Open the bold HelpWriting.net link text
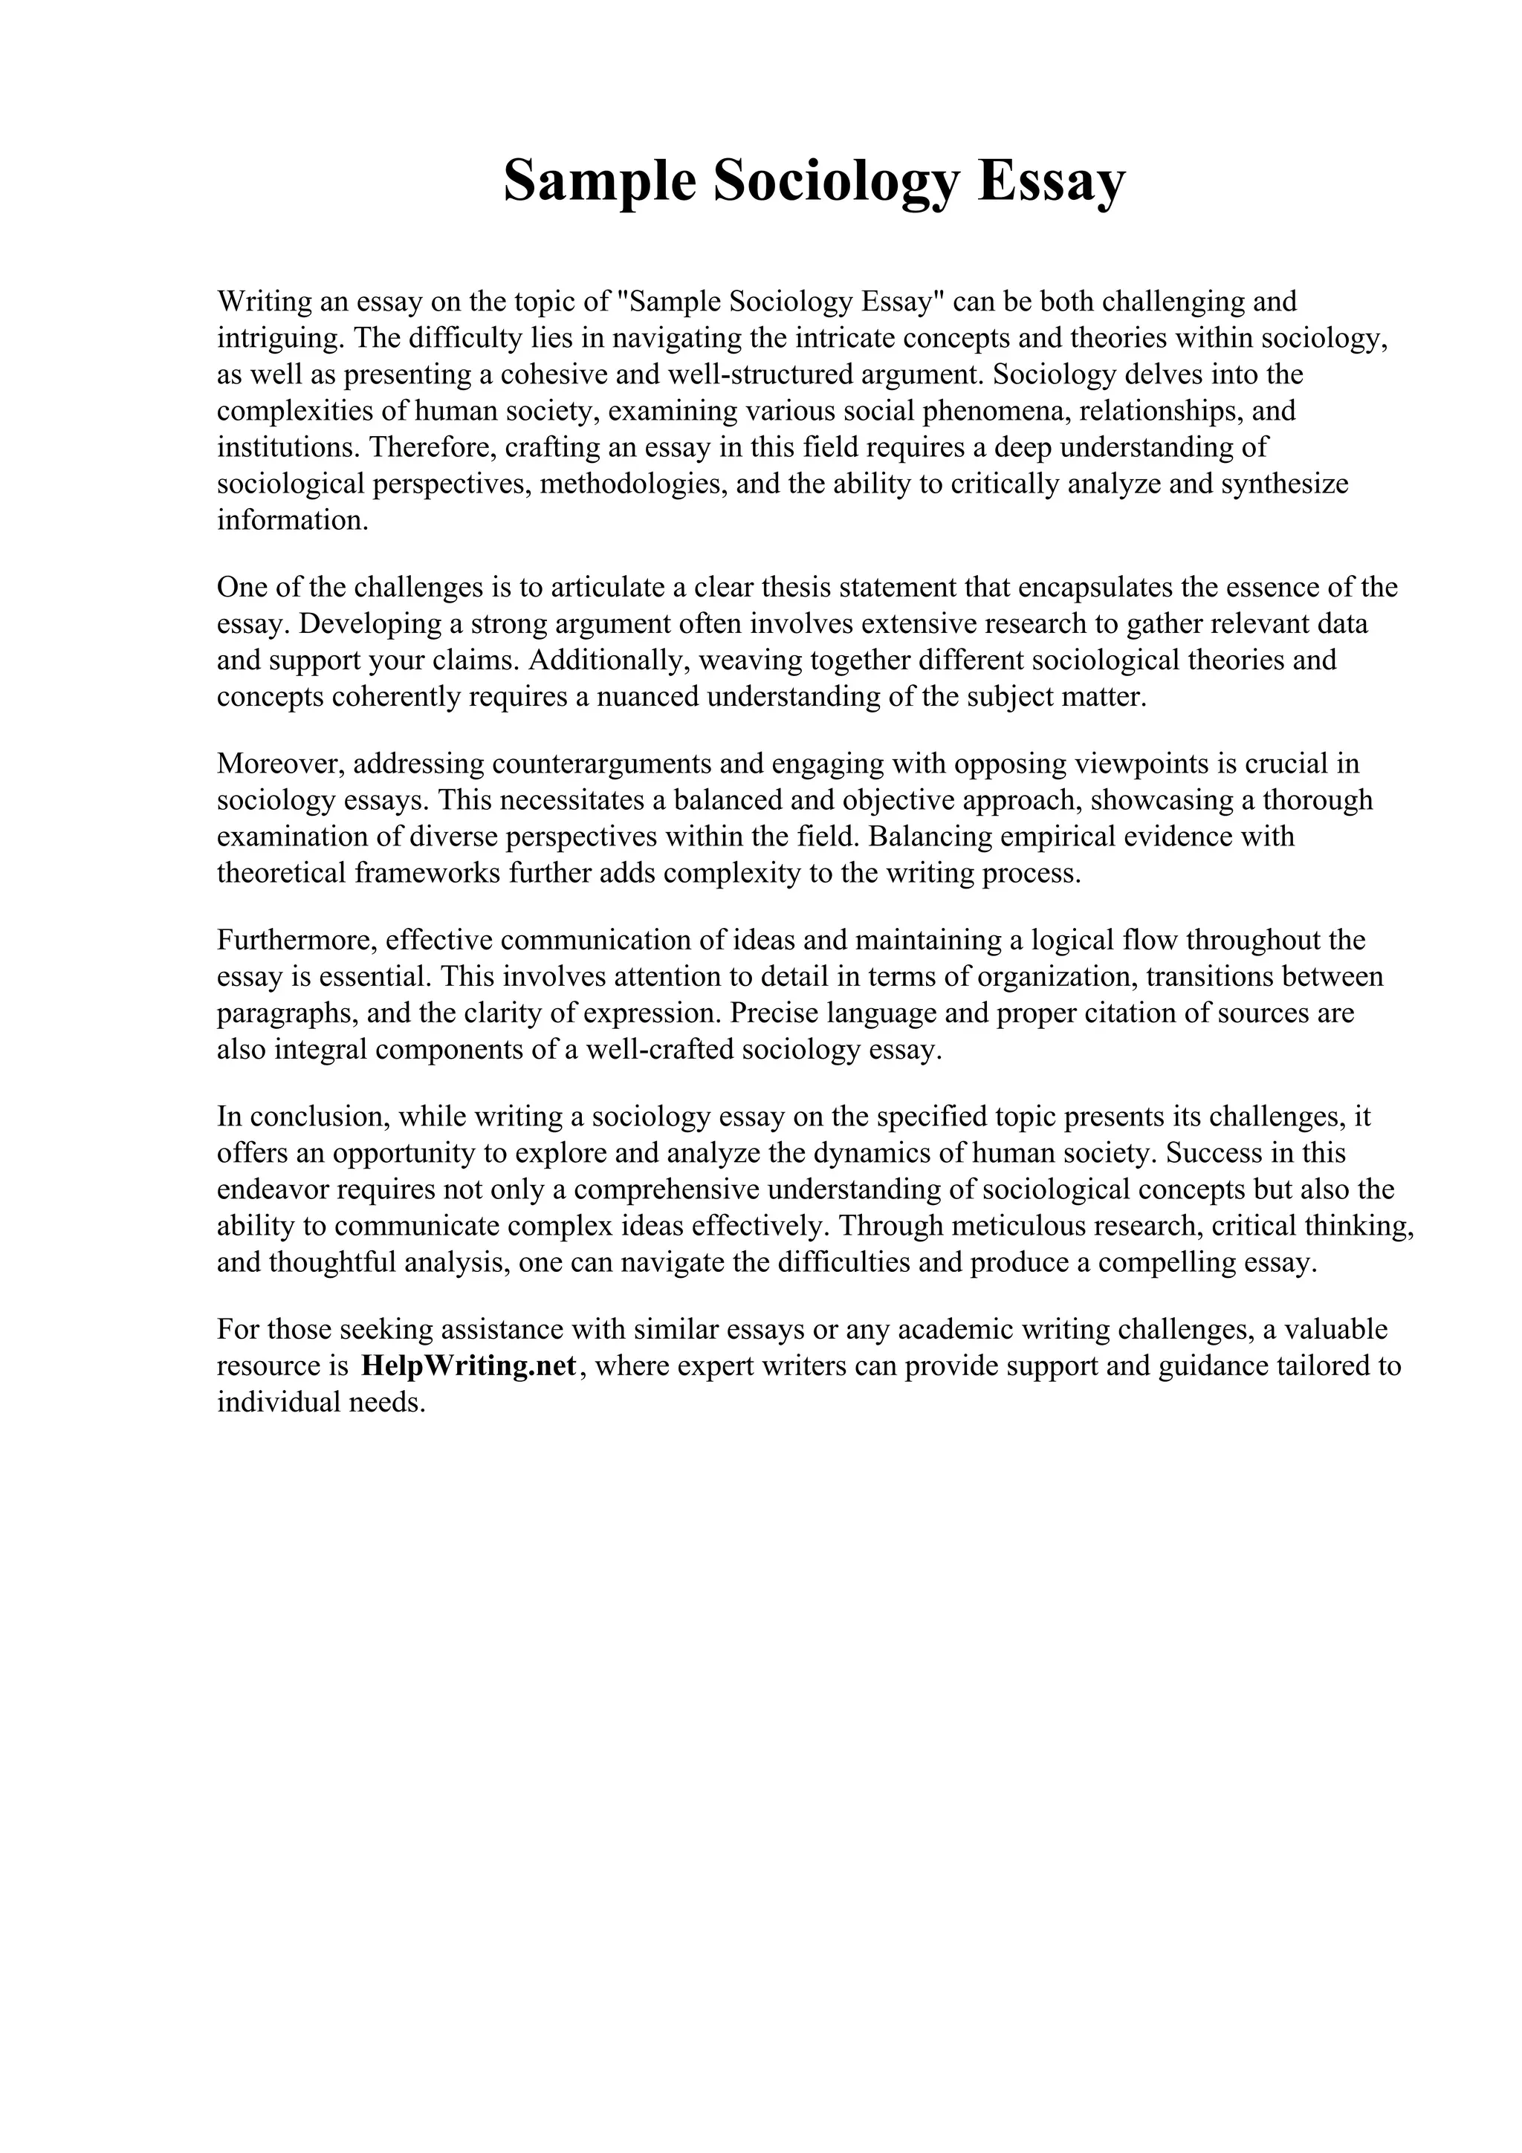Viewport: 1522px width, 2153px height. point(467,1366)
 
